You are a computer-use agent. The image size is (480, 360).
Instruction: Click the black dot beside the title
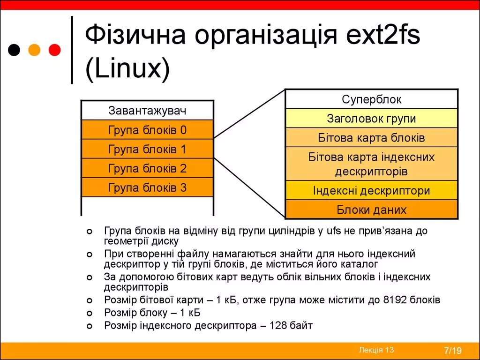point(15,49)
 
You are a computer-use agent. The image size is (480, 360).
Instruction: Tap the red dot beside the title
point(55,49)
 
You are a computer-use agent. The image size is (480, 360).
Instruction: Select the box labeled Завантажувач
point(147,111)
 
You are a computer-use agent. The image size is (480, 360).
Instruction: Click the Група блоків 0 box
point(147,130)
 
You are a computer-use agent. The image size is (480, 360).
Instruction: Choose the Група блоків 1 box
point(147,150)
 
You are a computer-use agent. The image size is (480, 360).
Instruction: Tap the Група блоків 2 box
point(147,169)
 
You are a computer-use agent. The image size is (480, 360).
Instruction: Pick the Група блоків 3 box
point(147,188)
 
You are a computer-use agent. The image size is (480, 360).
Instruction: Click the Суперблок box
point(371,99)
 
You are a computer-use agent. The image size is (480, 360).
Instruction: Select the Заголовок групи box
point(371,119)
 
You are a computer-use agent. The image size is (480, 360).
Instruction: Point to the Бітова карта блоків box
point(371,138)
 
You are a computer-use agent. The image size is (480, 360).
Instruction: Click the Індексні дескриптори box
point(371,191)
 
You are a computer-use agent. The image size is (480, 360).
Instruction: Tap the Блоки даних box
point(371,210)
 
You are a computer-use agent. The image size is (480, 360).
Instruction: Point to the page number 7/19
point(453,351)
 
